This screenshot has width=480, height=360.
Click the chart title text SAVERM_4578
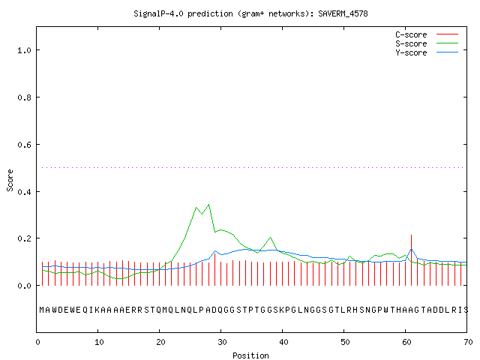coord(343,13)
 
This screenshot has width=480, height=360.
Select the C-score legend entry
coord(427,34)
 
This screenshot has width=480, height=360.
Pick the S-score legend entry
coord(427,43)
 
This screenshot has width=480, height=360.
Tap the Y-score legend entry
coord(427,52)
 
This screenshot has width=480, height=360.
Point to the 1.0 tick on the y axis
coord(25,50)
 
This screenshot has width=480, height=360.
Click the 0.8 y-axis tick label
coord(25,97)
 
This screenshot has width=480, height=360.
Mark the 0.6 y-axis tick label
coord(25,145)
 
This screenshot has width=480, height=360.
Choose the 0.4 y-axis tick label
coord(25,192)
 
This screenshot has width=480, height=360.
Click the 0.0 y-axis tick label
coord(25,286)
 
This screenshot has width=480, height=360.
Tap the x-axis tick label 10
coord(99,342)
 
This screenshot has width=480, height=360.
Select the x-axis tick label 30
coord(222,342)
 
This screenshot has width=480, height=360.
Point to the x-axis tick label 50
coord(345,342)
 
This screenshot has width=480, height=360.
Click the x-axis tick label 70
coord(468,342)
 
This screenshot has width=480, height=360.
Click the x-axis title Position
coord(250,355)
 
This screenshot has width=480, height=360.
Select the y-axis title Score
coord(10,180)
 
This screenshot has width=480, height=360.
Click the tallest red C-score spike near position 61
coord(412,260)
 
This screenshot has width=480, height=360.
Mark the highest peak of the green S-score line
coord(208,205)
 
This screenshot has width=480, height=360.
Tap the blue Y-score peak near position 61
coord(412,249)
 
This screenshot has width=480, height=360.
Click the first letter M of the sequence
coord(42,310)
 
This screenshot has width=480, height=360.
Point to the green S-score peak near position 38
coord(270,238)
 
